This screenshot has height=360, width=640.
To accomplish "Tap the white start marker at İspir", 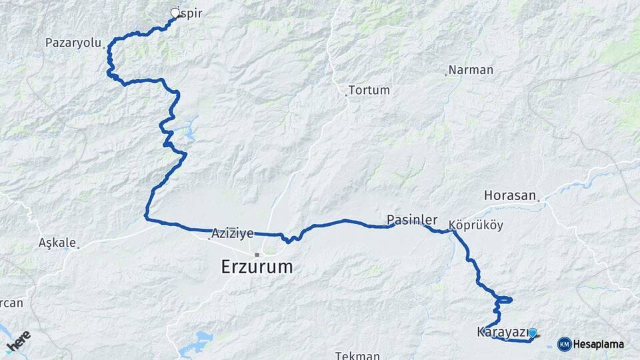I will pyautogui.click(x=175, y=13).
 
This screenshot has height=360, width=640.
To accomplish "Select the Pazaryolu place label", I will pyautogui.click(x=73, y=43).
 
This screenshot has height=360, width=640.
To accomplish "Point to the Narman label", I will pyautogui.click(x=471, y=70).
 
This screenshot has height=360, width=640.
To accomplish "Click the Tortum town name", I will pyautogui.click(x=369, y=90).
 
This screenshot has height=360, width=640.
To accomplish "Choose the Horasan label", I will pyautogui.click(x=510, y=196).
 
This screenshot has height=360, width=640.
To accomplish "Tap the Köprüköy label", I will pyautogui.click(x=476, y=225).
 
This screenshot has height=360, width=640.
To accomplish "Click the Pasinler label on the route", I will pyautogui.click(x=412, y=219).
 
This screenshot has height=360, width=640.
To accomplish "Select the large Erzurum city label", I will pyautogui.click(x=257, y=267).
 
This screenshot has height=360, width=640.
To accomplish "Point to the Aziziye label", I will pyautogui.click(x=232, y=233).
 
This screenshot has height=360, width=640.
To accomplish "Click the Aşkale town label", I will pyautogui.click(x=57, y=243).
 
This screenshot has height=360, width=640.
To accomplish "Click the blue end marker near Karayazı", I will pyautogui.click(x=532, y=331).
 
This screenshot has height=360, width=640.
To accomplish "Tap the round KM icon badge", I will pyautogui.click(x=565, y=344).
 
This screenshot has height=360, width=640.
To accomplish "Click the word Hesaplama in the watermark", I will pyautogui.click(x=598, y=345).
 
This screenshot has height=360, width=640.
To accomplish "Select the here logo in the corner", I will pyautogui.click(x=19, y=342).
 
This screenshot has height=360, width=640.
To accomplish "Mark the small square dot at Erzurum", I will pyautogui.click(x=257, y=254).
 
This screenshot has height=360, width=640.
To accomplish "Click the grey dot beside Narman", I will pyautogui.click(x=446, y=74).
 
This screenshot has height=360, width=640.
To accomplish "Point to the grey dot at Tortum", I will pyautogui.click(x=346, y=95).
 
